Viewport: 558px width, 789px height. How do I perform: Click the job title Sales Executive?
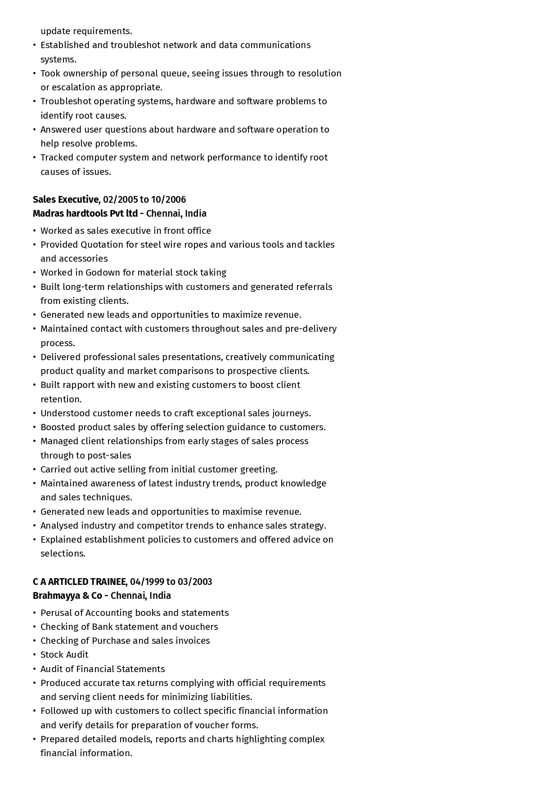[x=66, y=200]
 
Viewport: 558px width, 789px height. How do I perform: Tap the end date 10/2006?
[x=168, y=200]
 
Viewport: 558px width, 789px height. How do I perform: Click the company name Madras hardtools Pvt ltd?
[x=85, y=214]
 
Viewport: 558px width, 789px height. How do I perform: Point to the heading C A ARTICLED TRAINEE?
[x=79, y=582]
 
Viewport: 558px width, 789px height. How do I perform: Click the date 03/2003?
[x=195, y=582]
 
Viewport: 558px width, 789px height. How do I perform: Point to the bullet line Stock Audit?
[x=64, y=655]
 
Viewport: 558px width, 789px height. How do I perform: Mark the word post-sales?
[x=108, y=455]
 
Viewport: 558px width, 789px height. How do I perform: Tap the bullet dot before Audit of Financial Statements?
[x=35, y=669]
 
